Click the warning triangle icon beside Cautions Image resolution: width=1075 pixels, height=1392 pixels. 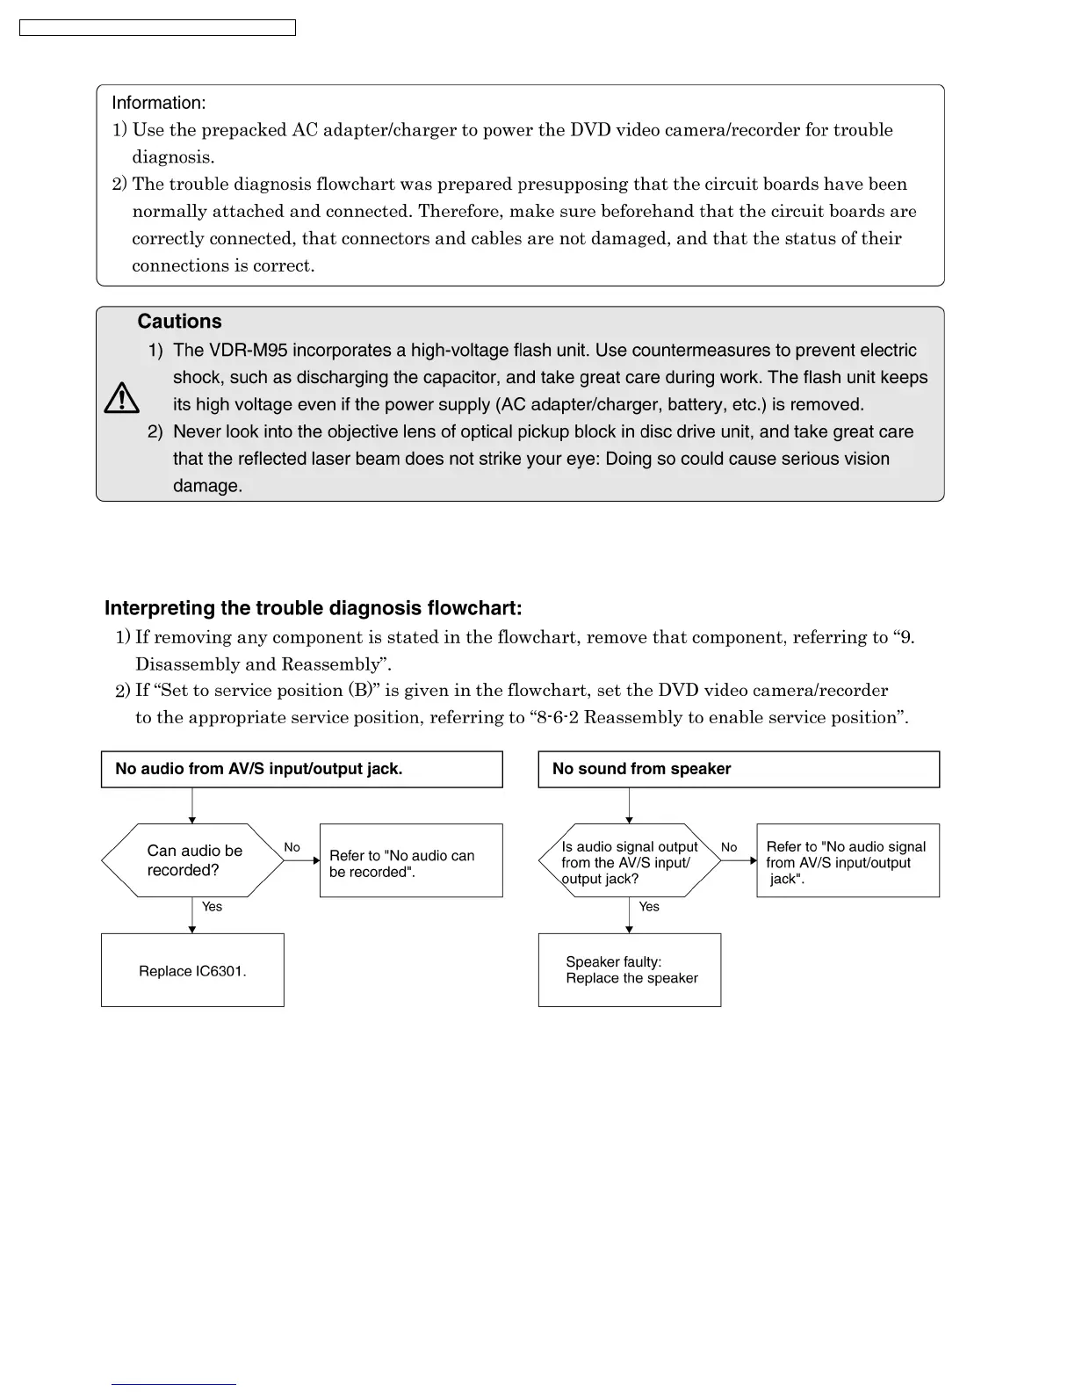(x=121, y=398)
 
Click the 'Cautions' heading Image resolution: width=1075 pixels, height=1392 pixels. (x=179, y=322)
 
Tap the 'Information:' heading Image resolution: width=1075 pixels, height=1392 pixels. (x=159, y=103)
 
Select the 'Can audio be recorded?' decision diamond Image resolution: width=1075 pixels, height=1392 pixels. (x=192, y=860)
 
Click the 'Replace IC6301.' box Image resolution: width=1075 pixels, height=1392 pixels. (x=192, y=970)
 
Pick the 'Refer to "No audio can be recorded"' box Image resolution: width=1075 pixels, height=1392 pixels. (x=411, y=860)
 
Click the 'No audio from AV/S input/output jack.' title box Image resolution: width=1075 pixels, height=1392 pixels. (x=301, y=769)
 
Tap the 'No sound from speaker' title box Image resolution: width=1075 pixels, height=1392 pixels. (x=739, y=769)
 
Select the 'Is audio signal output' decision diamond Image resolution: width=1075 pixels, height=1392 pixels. (x=629, y=861)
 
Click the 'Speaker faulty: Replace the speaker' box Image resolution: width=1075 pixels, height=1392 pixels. (x=630, y=970)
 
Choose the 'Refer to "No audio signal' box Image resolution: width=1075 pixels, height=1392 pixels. (x=848, y=861)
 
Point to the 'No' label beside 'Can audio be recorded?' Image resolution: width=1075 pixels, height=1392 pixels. (x=292, y=847)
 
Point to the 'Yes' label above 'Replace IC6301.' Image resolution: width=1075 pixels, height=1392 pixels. (x=213, y=907)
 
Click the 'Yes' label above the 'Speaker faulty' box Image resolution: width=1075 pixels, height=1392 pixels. (x=649, y=907)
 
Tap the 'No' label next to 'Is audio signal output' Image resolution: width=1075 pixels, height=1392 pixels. (x=729, y=847)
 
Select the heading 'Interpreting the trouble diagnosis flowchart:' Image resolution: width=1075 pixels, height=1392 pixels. (x=313, y=608)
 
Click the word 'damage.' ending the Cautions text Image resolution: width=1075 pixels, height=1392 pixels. (x=207, y=486)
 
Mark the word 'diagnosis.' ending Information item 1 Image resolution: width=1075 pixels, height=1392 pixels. (x=173, y=157)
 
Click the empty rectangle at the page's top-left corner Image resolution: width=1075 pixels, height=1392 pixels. (x=157, y=28)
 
